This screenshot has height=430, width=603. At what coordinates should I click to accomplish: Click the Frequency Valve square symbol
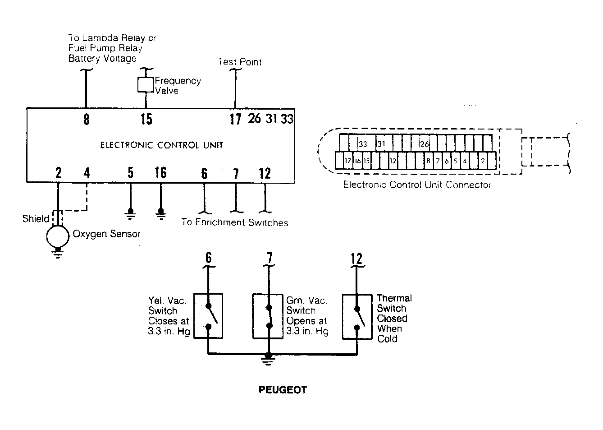(x=146, y=85)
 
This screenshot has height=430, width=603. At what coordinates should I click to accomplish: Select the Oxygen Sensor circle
(x=58, y=236)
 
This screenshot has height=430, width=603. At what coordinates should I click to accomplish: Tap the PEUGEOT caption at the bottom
(x=283, y=390)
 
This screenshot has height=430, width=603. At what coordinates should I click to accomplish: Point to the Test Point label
(x=239, y=62)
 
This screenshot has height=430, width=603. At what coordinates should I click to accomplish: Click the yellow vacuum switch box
(x=208, y=316)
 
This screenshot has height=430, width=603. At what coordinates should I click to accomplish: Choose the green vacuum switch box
(x=268, y=316)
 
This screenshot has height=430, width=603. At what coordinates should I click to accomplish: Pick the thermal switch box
(x=357, y=316)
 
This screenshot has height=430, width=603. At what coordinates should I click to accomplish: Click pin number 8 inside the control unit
(x=87, y=119)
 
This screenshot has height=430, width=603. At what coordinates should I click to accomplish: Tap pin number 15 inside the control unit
(x=146, y=119)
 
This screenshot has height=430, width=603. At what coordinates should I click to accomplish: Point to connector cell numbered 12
(x=393, y=161)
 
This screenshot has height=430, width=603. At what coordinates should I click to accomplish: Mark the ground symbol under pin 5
(x=130, y=214)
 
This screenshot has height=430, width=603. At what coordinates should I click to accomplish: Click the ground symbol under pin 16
(x=161, y=214)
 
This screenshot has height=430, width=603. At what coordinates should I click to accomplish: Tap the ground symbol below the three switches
(x=268, y=359)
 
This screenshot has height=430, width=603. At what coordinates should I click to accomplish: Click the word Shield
(x=36, y=218)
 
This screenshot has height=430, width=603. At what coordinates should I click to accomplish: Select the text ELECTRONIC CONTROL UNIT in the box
(x=161, y=145)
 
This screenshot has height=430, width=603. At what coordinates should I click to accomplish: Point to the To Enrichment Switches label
(x=234, y=222)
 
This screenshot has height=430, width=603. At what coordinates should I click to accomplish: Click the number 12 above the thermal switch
(x=356, y=259)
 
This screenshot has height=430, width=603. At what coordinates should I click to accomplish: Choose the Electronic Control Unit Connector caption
(x=417, y=185)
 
